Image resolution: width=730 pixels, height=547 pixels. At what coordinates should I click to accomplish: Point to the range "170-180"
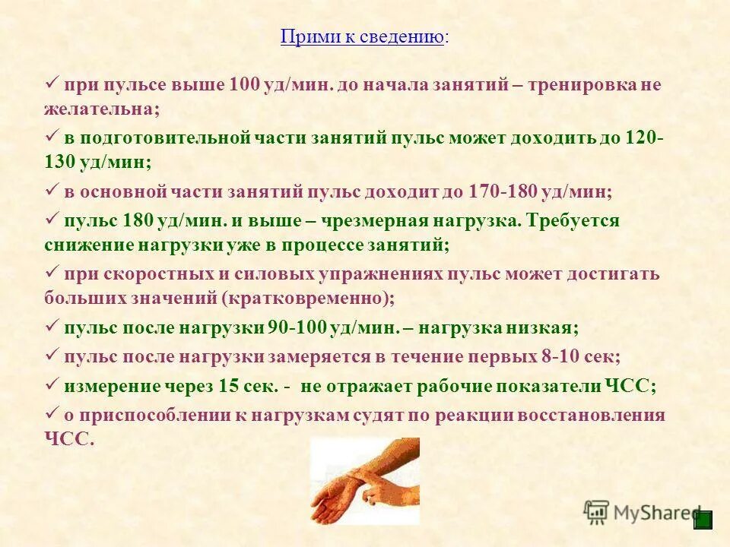497,192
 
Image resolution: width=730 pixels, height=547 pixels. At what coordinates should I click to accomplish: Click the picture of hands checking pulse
364,481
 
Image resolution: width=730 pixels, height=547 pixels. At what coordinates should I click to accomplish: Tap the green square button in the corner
703,520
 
